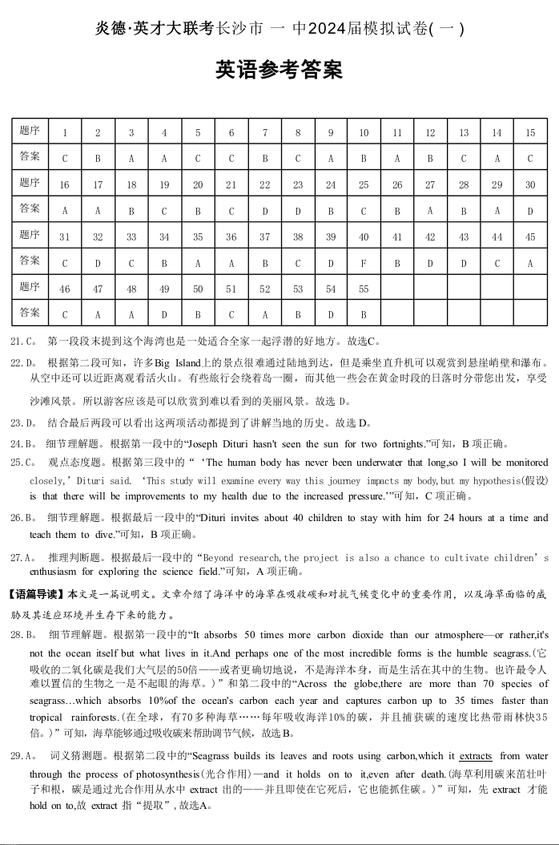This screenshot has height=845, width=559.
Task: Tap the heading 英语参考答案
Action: point(279,71)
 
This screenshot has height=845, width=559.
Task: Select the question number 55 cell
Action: point(364,289)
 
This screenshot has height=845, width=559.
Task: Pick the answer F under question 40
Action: point(364,263)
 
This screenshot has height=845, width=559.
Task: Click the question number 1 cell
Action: point(64,133)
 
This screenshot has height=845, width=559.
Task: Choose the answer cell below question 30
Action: point(529,211)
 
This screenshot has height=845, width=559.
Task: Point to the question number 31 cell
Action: point(64,237)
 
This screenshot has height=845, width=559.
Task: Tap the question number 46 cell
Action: point(64,289)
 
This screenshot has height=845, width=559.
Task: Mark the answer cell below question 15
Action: point(529,159)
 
